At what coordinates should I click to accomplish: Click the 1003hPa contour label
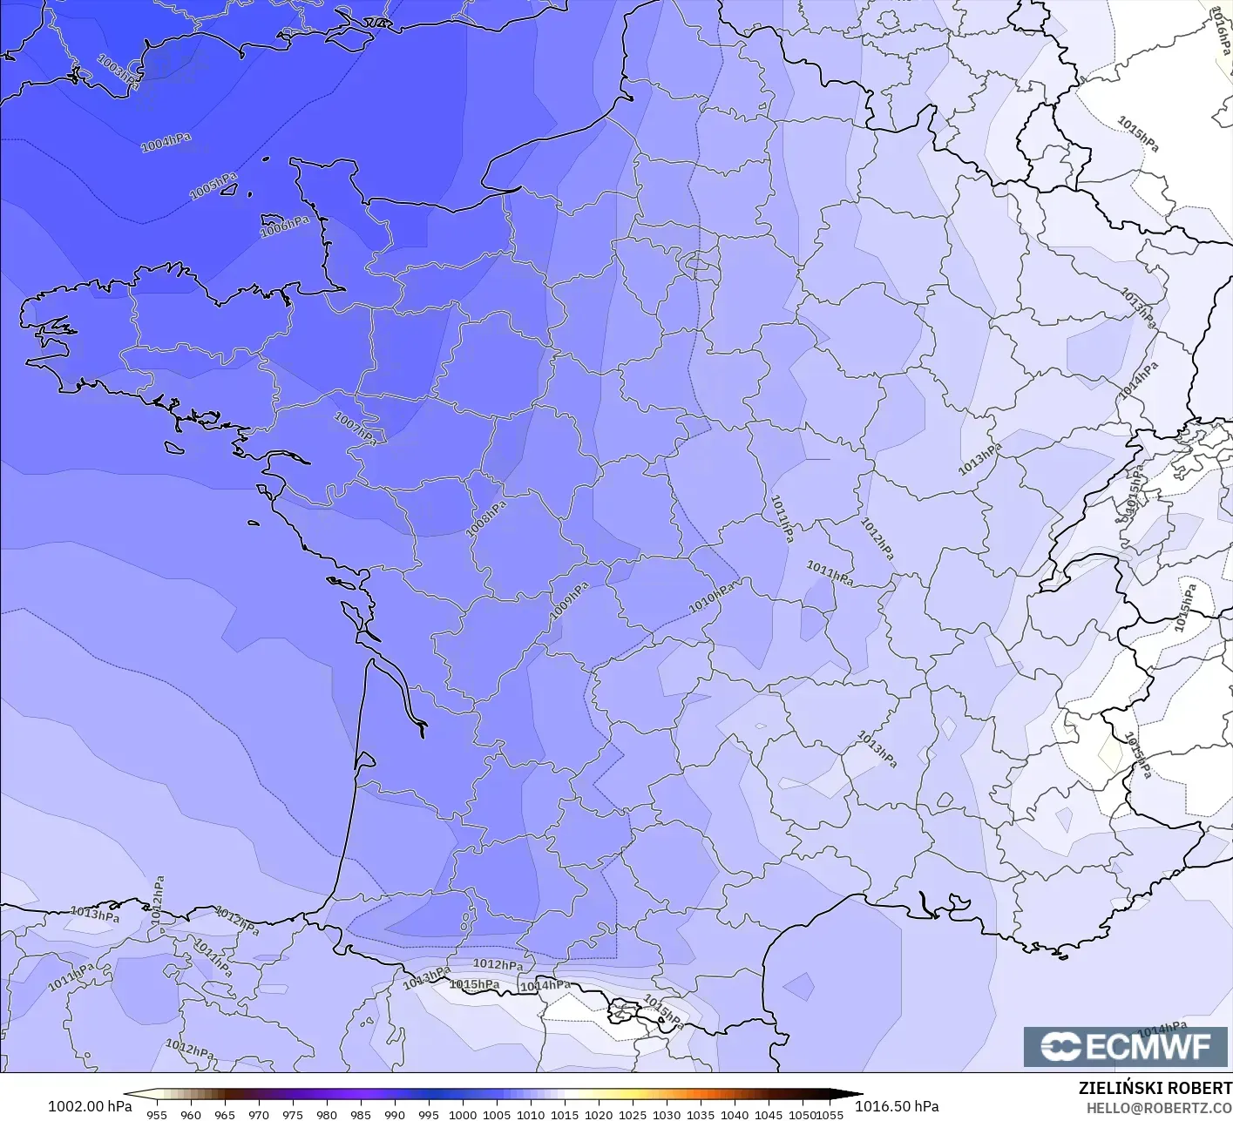tap(118, 70)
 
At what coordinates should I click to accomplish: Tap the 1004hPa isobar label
tap(166, 143)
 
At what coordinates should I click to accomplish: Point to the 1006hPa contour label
tap(285, 227)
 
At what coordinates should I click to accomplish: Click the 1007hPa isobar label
tap(356, 429)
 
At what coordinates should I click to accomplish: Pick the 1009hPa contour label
tap(569, 602)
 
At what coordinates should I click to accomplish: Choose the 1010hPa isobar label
tap(713, 597)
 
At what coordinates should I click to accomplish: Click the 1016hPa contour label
tap(1221, 31)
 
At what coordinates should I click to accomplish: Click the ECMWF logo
tap(1128, 1046)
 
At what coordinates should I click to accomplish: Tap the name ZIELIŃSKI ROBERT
tap(1155, 1088)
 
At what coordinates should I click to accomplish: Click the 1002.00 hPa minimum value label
tap(90, 1106)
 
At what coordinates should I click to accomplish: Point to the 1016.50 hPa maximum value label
tap(897, 1106)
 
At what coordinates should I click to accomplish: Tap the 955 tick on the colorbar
tap(156, 1114)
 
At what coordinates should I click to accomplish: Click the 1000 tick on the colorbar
tap(463, 1114)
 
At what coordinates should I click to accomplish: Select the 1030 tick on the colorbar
tap(667, 1114)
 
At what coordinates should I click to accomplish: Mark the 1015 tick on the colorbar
tap(565, 1114)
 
